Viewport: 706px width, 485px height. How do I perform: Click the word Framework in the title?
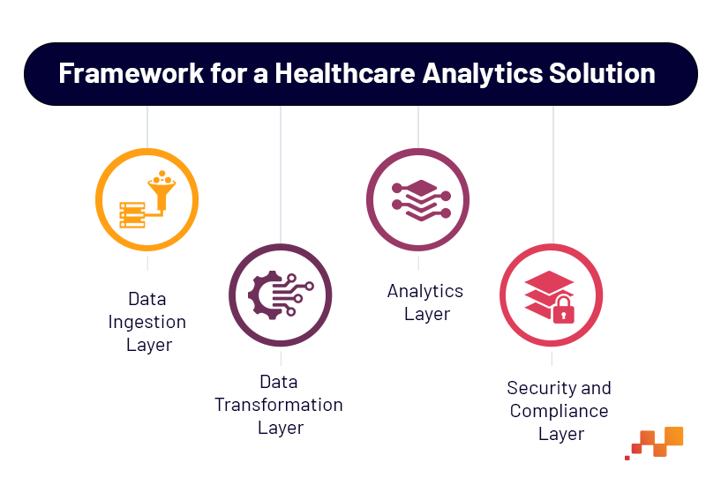pyautogui.click(x=131, y=73)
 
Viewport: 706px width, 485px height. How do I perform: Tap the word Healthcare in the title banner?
pyautogui.click(x=345, y=73)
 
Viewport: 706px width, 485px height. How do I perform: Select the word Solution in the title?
pyautogui.click(x=602, y=73)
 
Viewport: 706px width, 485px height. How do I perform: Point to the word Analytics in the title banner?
pyautogui.click(x=482, y=74)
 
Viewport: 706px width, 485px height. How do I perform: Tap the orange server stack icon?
pyautogui.click(x=131, y=215)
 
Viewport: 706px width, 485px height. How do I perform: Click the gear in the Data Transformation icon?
pyautogui.click(x=262, y=295)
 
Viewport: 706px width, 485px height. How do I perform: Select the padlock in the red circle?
pyautogui.click(x=564, y=310)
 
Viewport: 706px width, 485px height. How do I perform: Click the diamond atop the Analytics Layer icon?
pyautogui.click(x=421, y=188)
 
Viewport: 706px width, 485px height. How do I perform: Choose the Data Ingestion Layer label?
pyautogui.click(x=147, y=322)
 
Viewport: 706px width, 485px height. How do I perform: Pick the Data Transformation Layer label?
pyautogui.click(x=279, y=405)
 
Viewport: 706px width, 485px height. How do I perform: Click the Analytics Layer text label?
pyautogui.click(x=425, y=302)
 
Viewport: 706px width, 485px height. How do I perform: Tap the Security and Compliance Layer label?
pyautogui.click(x=560, y=411)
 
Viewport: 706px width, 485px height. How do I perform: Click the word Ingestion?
pyautogui.click(x=147, y=323)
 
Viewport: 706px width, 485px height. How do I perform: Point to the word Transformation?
pyautogui.click(x=279, y=405)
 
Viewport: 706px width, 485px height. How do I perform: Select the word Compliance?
pyautogui.click(x=560, y=411)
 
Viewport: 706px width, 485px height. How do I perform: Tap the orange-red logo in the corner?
pyautogui.click(x=654, y=444)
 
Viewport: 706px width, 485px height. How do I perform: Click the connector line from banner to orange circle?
pyautogui.click(x=147, y=127)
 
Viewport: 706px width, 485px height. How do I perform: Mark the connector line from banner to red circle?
pyautogui.click(x=553, y=175)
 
